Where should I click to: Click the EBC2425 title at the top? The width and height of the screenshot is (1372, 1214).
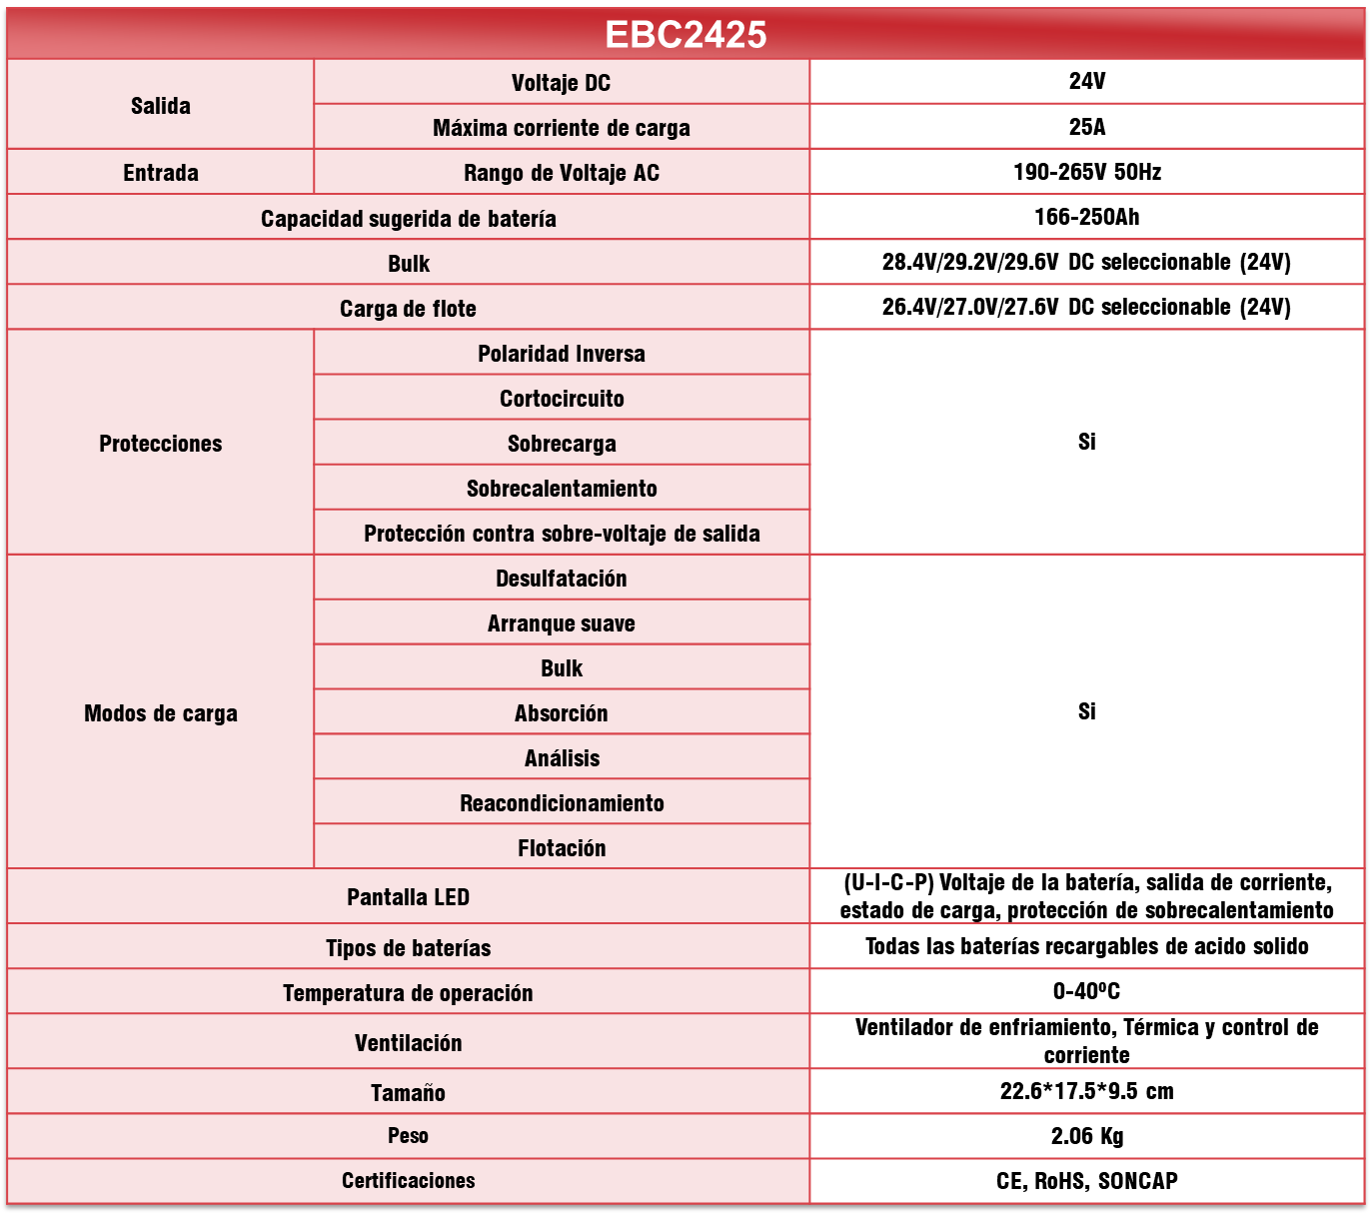(x=686, y=35)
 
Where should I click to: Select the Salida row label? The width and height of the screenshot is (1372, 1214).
(x=160, y=106)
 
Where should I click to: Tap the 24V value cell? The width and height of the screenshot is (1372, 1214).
(x=1086, y=82)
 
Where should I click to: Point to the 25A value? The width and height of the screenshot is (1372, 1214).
(x=1086, y=127)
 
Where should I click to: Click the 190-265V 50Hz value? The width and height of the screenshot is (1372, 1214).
(x=1086, y=172)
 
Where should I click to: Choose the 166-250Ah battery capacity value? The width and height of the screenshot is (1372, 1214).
(x=1086, y=217)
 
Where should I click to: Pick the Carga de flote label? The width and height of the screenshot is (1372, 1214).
(x=408, y=309)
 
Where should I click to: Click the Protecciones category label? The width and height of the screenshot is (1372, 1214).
(x=160, y=444)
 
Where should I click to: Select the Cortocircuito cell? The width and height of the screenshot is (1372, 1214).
(x=562, y=399)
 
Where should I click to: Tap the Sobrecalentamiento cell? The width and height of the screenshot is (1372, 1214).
(x=562, y=489)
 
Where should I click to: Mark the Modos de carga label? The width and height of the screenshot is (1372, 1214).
(x=160, y=713)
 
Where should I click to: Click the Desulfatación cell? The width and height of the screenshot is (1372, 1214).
(x=562, y=579)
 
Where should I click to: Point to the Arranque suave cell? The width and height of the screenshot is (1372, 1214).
(x=562, y=623)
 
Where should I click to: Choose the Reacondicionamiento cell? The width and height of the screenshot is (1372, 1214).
(x=562, y=803)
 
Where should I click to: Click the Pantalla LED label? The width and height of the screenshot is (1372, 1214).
(x=408, y=897)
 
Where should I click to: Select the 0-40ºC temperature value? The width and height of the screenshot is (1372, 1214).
(x=1086, y=991)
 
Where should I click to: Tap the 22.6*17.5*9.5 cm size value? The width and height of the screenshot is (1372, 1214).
(x=1086, y=1091)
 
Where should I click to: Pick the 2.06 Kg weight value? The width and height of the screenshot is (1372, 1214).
(x=1086, y=1136)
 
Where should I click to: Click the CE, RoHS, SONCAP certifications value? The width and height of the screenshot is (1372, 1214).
(x=1086, y=1181)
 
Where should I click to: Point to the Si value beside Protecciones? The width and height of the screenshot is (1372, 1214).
(x=1086, y=442)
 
